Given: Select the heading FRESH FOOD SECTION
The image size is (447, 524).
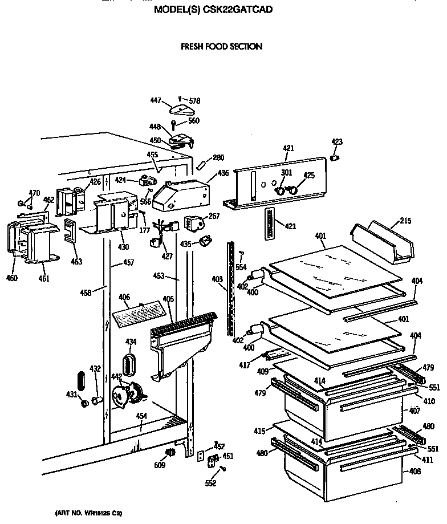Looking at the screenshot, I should (x=221, y=46).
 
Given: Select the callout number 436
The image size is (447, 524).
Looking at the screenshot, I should (x=223, y=173).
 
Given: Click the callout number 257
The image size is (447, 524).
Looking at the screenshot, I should (x=214, y=217).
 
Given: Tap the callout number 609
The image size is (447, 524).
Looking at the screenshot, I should (x=160, y=465).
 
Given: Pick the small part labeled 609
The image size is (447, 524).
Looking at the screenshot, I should (x=168, y=453).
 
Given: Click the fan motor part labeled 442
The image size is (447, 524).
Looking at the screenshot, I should (x=128, y=394).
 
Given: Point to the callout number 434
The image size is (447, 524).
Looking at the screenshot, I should (x=131, y=342).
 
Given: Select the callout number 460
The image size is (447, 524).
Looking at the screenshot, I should (x=12, y=278).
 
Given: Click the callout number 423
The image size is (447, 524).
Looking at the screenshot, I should (x=337, y=142).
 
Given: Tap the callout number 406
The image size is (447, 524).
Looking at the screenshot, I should (x=124, y=297).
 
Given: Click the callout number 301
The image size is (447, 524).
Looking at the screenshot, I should (x=286, y=173).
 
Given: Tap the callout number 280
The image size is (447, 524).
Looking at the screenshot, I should (x=218, y=158).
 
